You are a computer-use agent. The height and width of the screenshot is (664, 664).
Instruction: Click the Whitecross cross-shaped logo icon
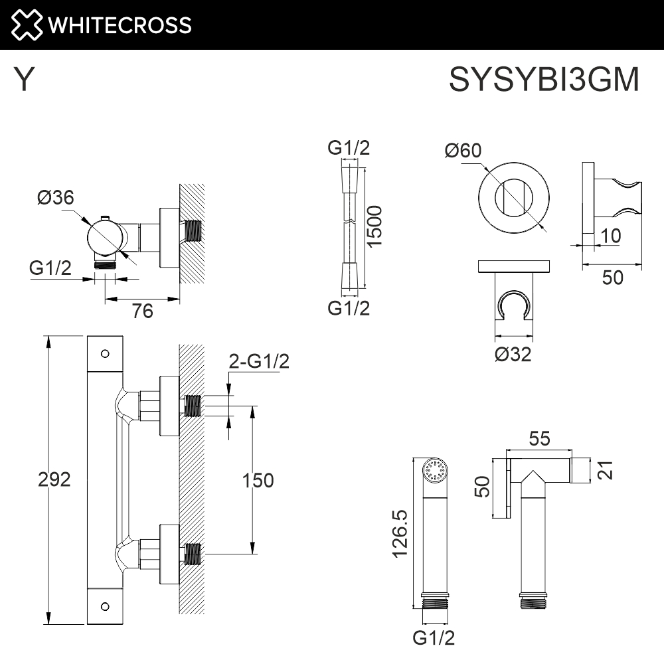27,25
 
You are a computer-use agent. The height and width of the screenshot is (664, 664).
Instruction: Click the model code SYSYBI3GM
544,79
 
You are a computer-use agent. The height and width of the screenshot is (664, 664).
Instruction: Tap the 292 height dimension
54,479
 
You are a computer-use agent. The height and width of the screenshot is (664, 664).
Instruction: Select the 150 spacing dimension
258,480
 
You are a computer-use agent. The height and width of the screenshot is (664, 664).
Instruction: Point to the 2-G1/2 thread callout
259,361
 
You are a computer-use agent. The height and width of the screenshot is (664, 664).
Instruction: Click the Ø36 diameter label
56,197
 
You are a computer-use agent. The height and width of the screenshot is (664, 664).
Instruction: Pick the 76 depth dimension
142,311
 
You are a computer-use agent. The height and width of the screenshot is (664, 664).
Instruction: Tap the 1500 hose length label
374,226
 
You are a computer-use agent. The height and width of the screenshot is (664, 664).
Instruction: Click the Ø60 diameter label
463,150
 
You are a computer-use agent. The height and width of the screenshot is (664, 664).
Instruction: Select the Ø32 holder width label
513,354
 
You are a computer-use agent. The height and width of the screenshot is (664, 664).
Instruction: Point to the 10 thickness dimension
611,236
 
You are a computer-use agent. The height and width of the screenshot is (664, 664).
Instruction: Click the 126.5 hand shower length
400,534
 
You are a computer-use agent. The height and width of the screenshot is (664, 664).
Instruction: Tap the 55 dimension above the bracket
539,439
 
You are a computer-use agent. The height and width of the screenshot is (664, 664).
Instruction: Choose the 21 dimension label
605,470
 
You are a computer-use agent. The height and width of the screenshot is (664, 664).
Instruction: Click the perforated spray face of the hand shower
436,470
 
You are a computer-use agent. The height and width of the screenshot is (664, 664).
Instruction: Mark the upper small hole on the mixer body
105,354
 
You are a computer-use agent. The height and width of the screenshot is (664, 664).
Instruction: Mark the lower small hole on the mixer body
105,607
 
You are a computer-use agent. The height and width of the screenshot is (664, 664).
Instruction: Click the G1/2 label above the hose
349,148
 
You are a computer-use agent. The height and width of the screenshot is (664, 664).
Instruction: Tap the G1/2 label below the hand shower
434,637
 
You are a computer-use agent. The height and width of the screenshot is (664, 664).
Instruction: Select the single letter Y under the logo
24,79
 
